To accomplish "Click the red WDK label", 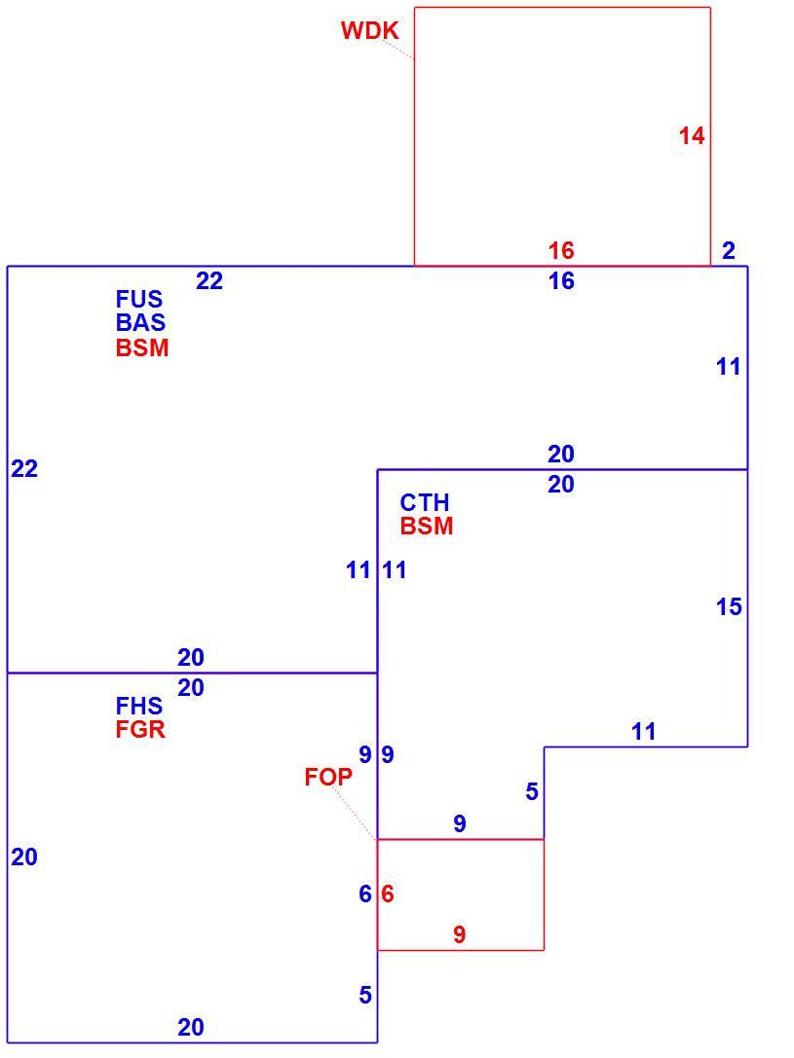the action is [369, 30].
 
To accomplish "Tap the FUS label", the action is [139, 299].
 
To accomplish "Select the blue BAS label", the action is [140, 322].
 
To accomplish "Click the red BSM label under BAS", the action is [142, 347].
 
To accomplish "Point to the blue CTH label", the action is [424, 502].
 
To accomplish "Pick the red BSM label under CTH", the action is [426, 526].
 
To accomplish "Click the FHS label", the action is [139, 706].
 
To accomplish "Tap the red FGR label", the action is [139, 729].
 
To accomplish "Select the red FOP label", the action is [328, 778].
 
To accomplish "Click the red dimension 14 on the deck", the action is [692, 136].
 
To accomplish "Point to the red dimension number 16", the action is [561, 251].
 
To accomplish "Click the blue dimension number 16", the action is [561, 280].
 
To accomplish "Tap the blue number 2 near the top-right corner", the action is [728, 251].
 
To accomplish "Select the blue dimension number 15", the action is [729, 607].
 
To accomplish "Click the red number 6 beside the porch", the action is [387, 894].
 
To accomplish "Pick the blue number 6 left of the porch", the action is [365, 894].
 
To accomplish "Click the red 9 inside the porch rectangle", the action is [459, 934].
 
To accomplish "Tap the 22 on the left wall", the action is [24, 468].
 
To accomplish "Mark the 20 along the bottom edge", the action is [191, 1027].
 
